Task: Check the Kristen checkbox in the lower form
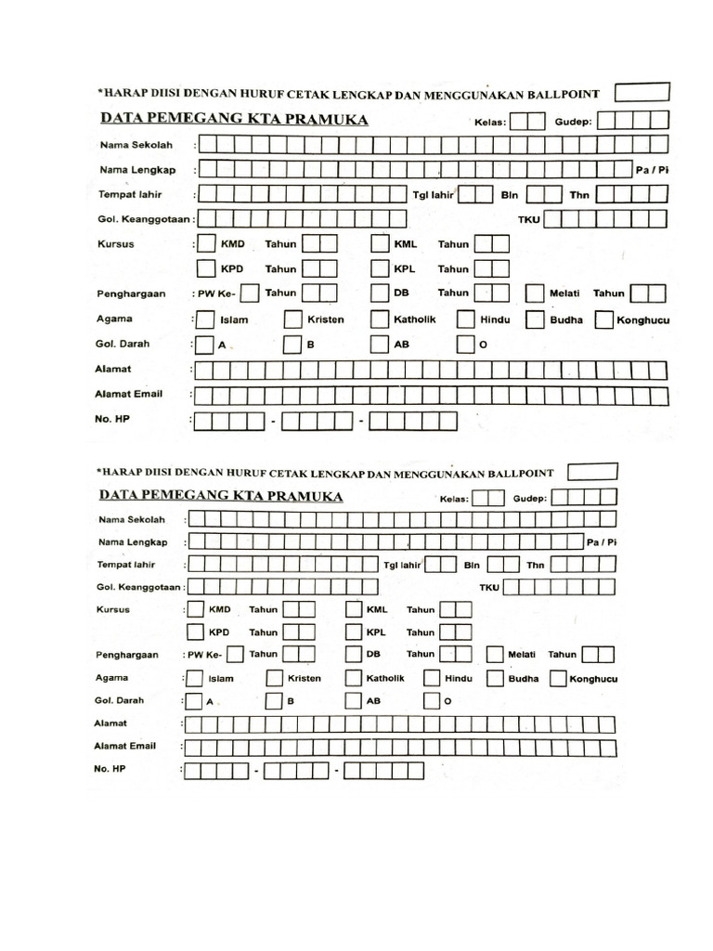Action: tap(275, 679)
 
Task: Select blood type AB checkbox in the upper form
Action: tap(379, 345)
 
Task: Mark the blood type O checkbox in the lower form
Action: tap(433, 701)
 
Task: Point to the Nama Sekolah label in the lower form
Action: tap(132, 519)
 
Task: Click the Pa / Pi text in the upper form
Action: tap(653, 170)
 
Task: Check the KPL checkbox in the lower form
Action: tap(353, 632)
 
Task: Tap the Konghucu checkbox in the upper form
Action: tap(603, 320)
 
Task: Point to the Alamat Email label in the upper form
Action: tap(129, 394)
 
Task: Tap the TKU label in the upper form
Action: tap(529, 220)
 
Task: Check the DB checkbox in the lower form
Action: tap(353, 655)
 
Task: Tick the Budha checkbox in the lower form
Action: tap(494, 679)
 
